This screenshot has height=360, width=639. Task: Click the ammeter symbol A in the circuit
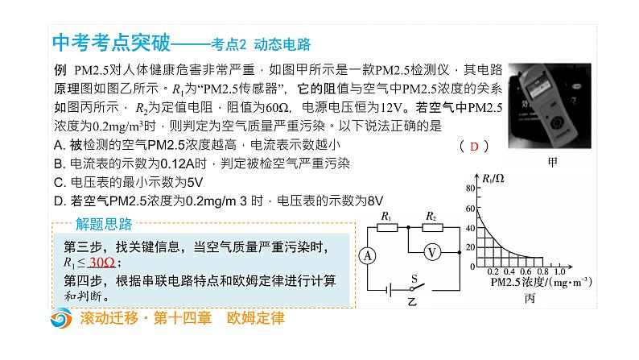tap(368, 255)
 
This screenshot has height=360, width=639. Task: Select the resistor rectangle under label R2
tap(432, 227)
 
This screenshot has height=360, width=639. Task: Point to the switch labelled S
tap(415, 286)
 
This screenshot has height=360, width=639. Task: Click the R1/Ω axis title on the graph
tap(493, 176)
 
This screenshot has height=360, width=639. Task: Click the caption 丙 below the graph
tap(530, 297)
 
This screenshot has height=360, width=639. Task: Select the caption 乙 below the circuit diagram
tap(412, 300)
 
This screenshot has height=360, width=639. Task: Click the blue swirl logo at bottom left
tap(60, 320)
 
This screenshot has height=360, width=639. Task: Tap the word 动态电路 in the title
tap(282, 44)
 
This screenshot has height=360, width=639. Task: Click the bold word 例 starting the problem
tap(59, 70)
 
